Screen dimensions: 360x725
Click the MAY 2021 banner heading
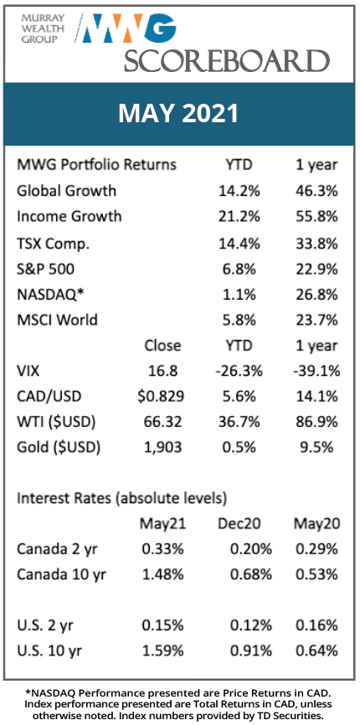click(179, 114)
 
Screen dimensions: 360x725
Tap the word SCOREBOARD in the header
click(226, 60)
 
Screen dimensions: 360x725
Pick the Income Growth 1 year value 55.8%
click(318, 217)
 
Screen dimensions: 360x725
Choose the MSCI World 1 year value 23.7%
click(318, 320)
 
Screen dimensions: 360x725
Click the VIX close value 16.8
click(162, 370)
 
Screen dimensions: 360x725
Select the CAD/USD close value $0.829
click(162, 396)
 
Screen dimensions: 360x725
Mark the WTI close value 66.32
click(162, 421)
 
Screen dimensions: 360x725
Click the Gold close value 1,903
click(162, 447)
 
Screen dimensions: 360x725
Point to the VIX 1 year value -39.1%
click(317, 370)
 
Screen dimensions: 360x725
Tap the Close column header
click(162, 346)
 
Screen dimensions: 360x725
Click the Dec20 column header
click(239, 523)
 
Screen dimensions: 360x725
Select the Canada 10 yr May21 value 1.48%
click(162, 575)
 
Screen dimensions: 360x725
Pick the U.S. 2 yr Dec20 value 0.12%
click(251, 625)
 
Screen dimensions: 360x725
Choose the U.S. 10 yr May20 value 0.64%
click(316, 651)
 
